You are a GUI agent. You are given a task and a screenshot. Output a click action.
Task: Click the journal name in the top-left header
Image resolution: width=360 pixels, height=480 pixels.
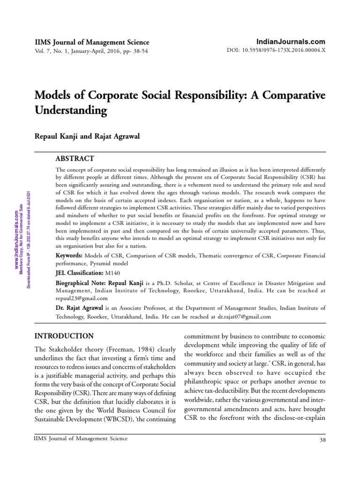[x=92, y=42]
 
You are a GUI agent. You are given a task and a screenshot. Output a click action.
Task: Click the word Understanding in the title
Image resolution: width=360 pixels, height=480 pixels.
[x=72, y=111]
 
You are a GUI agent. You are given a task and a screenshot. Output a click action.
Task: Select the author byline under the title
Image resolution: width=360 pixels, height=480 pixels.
[x=87, y=136]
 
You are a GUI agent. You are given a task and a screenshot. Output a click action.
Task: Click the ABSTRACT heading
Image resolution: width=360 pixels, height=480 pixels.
[x=75, y=158]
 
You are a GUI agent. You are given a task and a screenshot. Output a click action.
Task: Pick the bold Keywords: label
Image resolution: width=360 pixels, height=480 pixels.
[x=69, y=255]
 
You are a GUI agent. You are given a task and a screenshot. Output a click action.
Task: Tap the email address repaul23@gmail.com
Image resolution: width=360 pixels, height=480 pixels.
[x=82, y=298]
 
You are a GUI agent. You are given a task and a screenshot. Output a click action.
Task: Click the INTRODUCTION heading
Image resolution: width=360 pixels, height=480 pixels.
[x=65, y=336]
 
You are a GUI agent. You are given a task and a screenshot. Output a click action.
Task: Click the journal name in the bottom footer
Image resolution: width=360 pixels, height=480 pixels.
[x=81, y=439]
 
